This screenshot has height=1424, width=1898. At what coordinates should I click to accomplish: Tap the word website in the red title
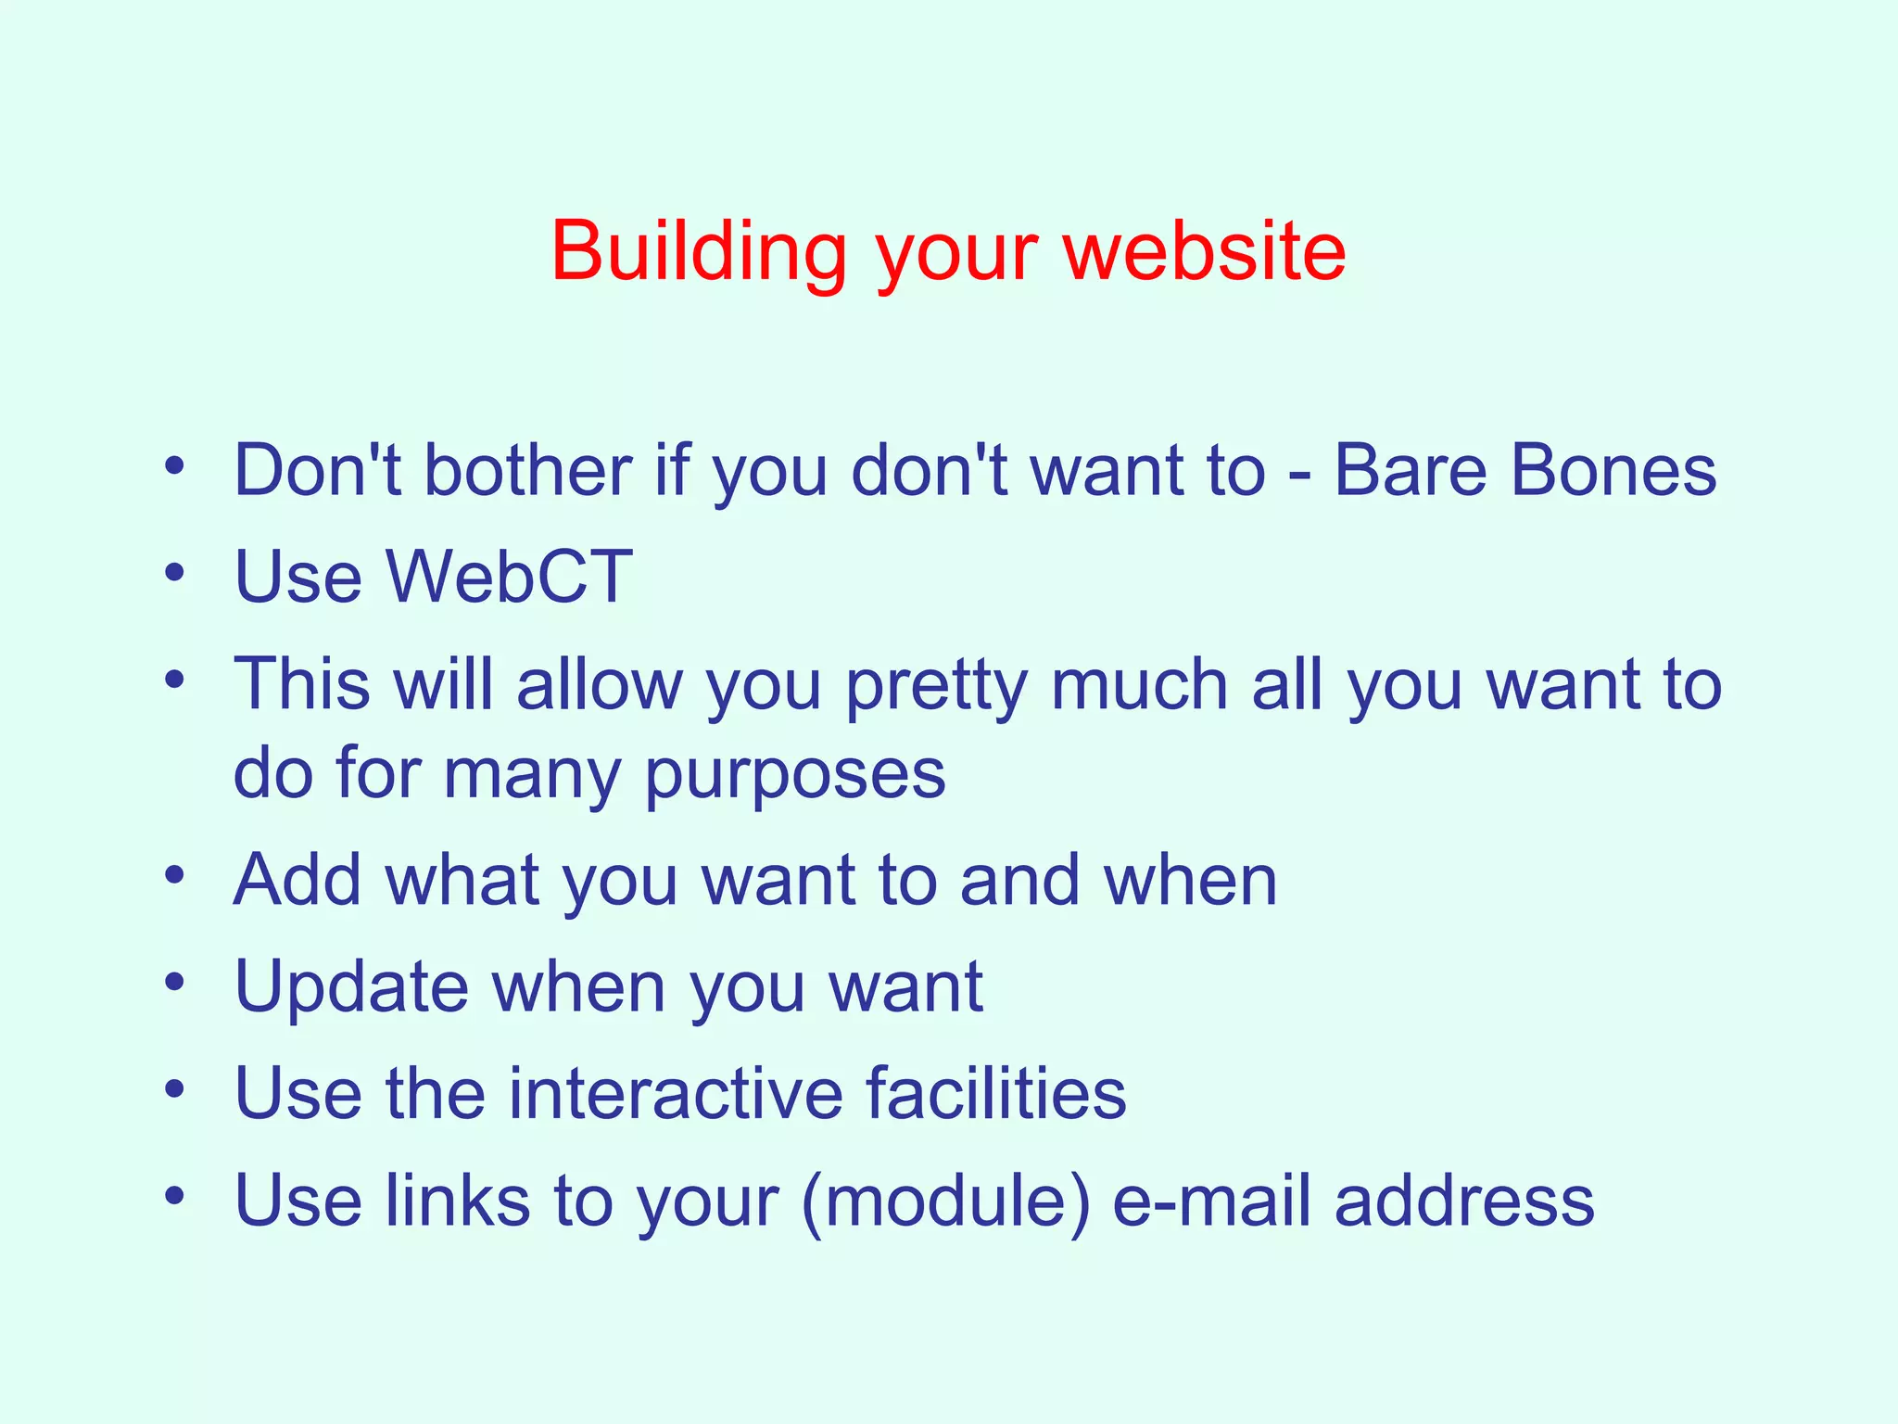[1205, 252]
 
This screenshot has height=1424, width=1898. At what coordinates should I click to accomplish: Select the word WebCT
[509, 577]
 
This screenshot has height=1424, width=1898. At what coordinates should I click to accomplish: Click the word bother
[528, 470]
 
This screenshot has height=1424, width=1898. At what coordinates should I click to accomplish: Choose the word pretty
[936, 686]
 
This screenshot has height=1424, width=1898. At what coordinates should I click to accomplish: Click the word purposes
[795, 775]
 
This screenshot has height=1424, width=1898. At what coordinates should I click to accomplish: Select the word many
[531, 775]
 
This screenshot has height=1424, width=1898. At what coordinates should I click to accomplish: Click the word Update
[351, 987]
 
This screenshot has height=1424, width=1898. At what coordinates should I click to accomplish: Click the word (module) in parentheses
[946, 1201]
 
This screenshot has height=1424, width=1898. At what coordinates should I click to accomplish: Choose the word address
[1464, 1200]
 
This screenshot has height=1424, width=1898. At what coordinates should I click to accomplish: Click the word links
[458, 1200]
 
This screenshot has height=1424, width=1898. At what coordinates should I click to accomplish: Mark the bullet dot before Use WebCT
[174, 572]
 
